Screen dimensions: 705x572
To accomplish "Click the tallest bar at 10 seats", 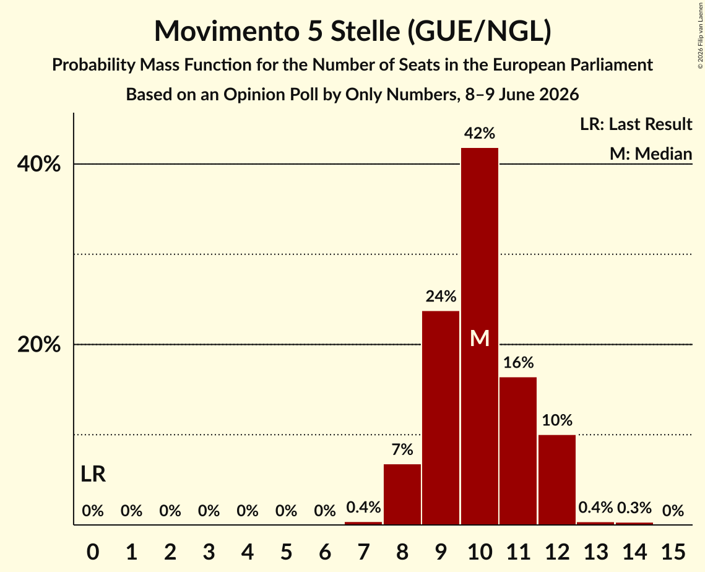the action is tap(480, 336).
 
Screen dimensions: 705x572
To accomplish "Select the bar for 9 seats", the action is tap(441, 418).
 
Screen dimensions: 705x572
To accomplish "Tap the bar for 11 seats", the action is tap(518, 451).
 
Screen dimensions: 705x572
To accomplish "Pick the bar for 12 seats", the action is tap(557, 480).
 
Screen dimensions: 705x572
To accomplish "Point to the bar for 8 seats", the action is tap(402, 494).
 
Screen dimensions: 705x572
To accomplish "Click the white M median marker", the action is tap(480, 338).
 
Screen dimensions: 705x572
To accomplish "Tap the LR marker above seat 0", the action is tap(93, 474).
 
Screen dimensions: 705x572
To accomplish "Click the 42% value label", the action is tap(480, 133).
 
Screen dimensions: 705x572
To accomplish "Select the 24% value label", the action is tap(441, 297).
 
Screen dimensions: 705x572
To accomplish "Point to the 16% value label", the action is tap(519, 362).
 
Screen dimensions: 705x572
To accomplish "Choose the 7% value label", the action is tap(402, 449).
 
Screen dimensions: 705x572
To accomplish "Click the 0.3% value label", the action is tap(634, 508).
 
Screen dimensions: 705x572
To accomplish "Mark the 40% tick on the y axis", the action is tap(38, 165).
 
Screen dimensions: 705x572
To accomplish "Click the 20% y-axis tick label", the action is tap(38, 345).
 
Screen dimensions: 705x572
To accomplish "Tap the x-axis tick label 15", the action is tap(673, 552).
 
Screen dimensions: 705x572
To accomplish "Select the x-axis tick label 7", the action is tap(363, 552).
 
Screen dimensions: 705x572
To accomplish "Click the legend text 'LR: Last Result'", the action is tap(636, 124).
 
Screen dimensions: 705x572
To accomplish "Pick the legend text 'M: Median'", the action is tap(651, 154).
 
